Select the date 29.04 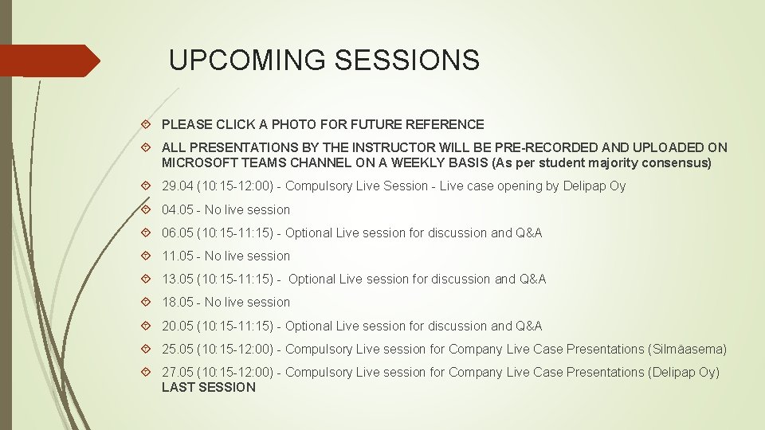(x=178, y=186)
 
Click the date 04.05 (x=178, y=209)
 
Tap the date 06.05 (x=178, y=233)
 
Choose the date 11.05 (x=178, y=256)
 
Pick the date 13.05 (x=178, y=279)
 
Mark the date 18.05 (x=178, y=302)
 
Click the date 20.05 (x=178, y=326)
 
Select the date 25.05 (x=178, y=349)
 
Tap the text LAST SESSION (x=209, y=387)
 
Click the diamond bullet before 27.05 (x=145, y=372)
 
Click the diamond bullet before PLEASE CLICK (x=145, y=124)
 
